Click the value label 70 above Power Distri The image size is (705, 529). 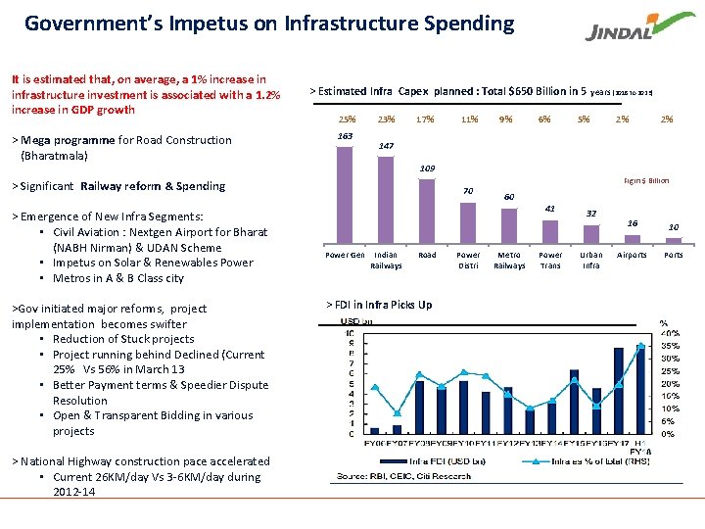coord(468,190)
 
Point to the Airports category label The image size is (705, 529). coord(632,255)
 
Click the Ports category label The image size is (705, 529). coord(674,255)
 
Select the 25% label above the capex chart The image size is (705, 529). coord(345,120)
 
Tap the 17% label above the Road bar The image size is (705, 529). coord(425,120)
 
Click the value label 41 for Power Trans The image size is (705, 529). coord(550,208)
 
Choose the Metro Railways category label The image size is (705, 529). coord(509,260)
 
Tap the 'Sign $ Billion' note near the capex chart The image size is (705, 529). coord(646,180)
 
